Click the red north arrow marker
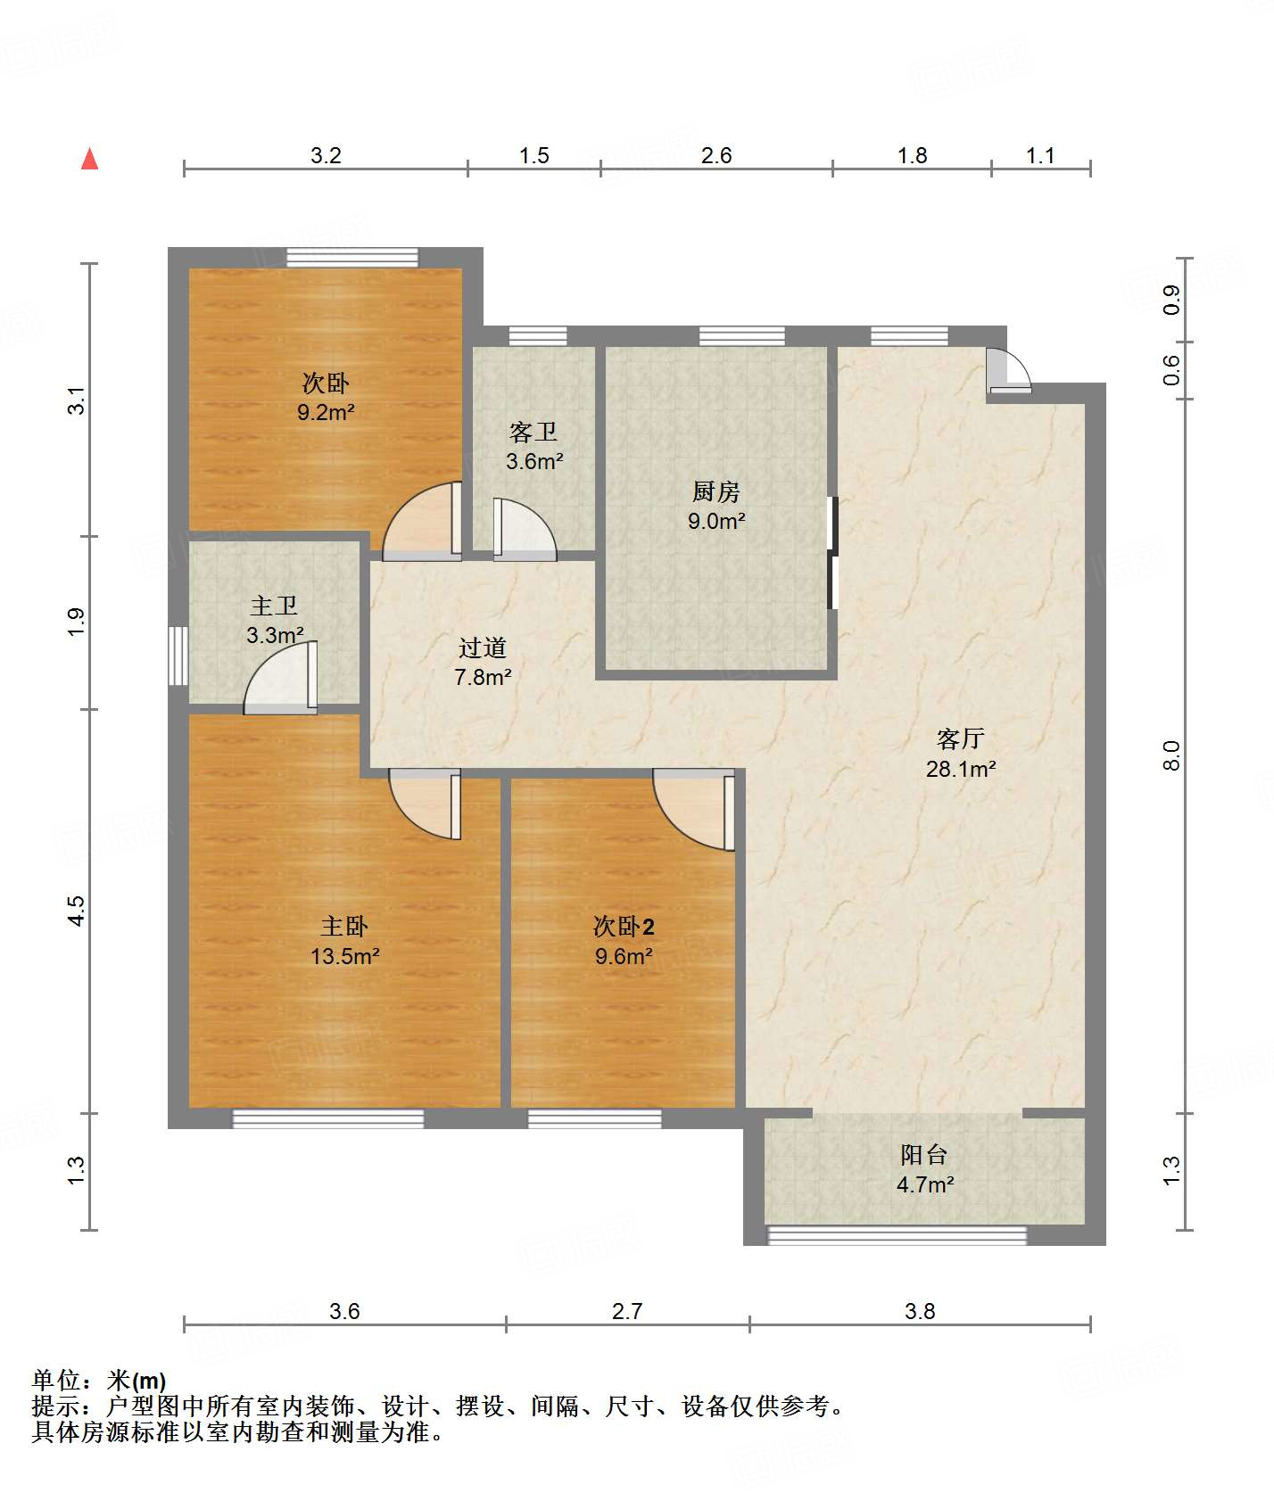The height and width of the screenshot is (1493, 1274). [89, 159]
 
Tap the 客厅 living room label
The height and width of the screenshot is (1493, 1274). [960, 738]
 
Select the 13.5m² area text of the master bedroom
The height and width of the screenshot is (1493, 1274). [344, 956]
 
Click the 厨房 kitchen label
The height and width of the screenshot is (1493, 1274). [716, 491]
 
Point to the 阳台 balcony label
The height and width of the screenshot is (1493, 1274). [923, 1155]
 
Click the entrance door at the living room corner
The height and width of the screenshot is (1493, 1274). [1009, 370]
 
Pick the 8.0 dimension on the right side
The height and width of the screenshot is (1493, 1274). [1171, 755]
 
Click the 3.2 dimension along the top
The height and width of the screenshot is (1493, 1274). [326, 155]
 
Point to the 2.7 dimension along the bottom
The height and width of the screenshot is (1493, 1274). [627, 1311]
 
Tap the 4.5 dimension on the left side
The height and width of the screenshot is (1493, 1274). [77, 911]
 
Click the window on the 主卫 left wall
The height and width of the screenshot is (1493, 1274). [178, 656]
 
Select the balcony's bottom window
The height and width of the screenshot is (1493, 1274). [898, 1236]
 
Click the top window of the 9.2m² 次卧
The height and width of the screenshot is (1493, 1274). [352, 258]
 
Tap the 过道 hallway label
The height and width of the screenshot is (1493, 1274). [482, 648]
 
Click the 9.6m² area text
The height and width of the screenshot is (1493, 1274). [624, 956]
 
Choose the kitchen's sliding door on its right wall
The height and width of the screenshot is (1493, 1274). [833, 553]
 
